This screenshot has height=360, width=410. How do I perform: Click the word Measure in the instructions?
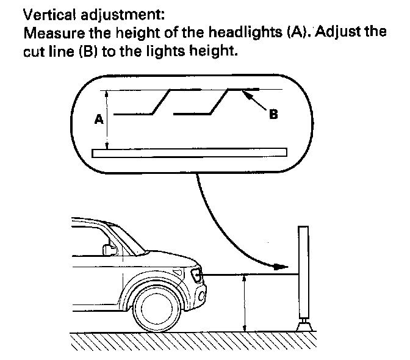[x=50, y=32]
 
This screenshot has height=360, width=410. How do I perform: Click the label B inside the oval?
[x=274, y=113]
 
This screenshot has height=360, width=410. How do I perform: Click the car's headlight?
[x=197, y=276]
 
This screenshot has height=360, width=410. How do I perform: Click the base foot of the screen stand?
[x=303, y=325]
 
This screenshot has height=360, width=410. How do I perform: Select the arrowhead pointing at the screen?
[x=280, y=267]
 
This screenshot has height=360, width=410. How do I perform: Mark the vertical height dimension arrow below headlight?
[x=244, y=302]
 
